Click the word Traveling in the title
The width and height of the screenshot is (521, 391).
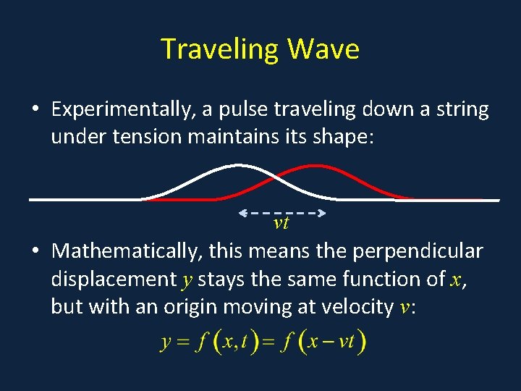point(220,49)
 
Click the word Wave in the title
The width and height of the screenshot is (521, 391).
point(323,49)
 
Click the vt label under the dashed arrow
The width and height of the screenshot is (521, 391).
point(281,223)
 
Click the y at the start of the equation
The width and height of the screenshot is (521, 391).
point(165,342)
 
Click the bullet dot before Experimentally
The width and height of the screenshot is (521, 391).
point(35,110)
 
